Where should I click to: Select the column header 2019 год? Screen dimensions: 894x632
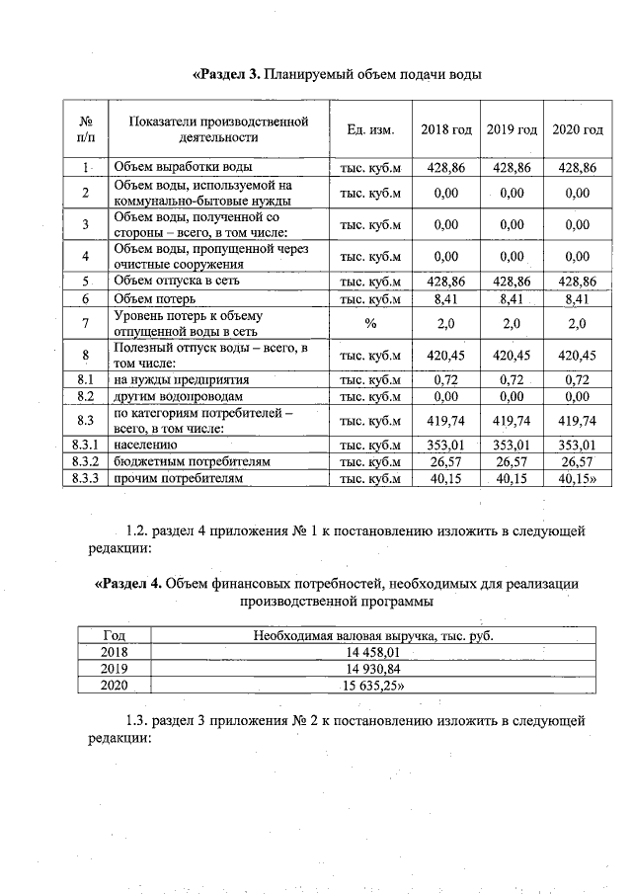pyautogui.click(x=512, y=130)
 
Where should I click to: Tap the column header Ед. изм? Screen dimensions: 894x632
pyautogui.click(x=370, y=130)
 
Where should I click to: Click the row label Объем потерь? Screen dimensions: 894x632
pyautogui.click(x=153, y=298)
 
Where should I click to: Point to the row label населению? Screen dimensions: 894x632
pyautogui.click(x=146, y=446)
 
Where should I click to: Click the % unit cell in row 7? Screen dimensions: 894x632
pyautogui.click(x=370, y=323)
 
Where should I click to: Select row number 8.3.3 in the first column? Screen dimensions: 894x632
pyautogui.click(x=85, y=479)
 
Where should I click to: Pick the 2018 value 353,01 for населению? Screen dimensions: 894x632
pyautogui.click(x=445, y=446)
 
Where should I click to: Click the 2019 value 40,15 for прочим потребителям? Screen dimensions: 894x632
pyautogui.click(x=512, y=479)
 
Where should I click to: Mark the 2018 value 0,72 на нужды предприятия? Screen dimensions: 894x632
pyautogui.click(x=445, y=379)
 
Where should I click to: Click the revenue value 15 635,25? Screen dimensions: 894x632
pyautogui.click(x=373, y=686)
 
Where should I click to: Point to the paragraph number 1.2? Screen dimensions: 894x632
pyautogui.click(x=140, y=531)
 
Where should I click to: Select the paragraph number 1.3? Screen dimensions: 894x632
pyautogui.click(x=140, y=721)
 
